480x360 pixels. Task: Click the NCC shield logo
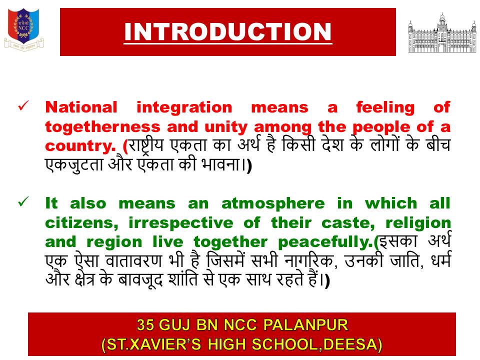23,29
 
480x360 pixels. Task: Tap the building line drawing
441,33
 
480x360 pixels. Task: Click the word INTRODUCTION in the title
228,32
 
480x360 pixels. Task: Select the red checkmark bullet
23,106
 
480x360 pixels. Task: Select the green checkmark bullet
23,201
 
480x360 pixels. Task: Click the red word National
81,107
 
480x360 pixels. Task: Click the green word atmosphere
273,204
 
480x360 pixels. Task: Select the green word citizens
81,223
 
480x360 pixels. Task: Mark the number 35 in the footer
145,325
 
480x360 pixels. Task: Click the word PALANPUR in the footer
305,325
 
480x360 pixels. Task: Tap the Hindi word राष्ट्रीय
146,145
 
